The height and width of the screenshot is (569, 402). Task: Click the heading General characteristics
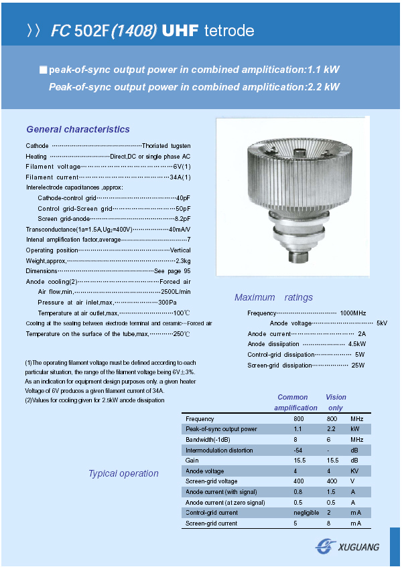coord(78,129)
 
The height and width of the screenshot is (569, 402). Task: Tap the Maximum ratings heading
coord(273,297)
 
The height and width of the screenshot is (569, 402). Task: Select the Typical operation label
coord(123,473)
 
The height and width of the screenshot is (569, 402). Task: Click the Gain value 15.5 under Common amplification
coord(299,461)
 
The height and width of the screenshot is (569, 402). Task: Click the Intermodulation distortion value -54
coord(298,451)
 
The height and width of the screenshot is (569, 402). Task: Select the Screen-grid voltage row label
coord(211,481)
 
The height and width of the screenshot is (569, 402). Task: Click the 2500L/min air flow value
coord(176,292)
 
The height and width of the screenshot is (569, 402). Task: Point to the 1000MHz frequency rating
coord(352,313)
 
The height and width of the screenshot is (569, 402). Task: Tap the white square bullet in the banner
coord(44,70)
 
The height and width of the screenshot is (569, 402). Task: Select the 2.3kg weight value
coord(183,260)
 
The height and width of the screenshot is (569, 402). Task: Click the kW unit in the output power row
coord(355,429)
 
